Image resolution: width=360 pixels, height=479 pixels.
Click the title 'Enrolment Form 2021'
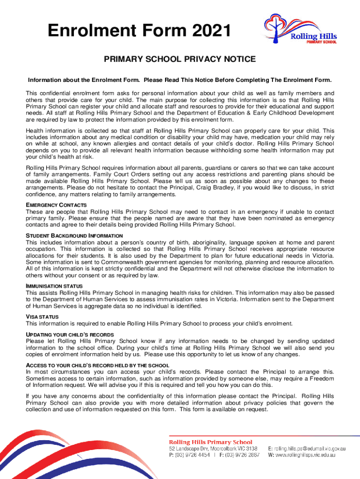140,33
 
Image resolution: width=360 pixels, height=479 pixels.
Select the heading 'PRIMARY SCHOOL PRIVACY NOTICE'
180,59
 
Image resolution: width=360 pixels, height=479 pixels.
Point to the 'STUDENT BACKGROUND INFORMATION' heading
74,236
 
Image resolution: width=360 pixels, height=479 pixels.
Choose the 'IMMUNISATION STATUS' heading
54,286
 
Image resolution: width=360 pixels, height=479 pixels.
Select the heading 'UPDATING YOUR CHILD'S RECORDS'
70,335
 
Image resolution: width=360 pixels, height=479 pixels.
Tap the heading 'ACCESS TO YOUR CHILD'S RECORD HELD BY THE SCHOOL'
97,365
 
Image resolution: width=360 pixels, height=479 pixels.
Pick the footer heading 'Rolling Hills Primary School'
210,442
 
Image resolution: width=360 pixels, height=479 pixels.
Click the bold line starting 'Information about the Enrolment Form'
180,80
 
